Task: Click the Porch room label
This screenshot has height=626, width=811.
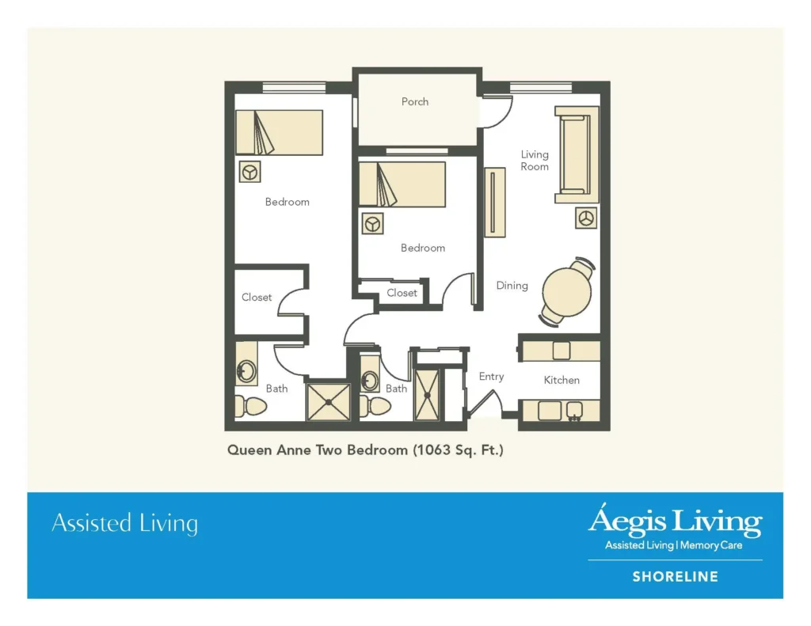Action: point(415,102)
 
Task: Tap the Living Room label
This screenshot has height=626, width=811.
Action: point(535,161)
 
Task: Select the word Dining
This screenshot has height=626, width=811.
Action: point(512,286)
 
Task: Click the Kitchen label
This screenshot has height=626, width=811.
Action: point(562,381)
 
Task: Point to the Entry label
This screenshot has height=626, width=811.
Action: point(491,377)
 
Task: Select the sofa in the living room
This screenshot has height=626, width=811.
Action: point(576,154)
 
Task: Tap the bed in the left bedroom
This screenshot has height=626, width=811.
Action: point(279,132)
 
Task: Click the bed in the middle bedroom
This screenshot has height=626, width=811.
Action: point(402,184)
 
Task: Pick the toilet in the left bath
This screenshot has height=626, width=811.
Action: point(253,405)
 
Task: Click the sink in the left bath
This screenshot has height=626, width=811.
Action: point(246,370)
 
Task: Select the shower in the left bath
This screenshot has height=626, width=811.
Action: point(328,401)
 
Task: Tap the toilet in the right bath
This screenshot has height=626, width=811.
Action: point(376,406)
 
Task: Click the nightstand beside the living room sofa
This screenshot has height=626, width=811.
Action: point(587,218)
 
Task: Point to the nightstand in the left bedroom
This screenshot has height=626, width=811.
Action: point(250,172)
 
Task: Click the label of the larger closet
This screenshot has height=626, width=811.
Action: point(257,298)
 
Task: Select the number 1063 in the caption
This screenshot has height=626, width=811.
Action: point(432,450)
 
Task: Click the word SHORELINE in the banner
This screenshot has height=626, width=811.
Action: point(675,577)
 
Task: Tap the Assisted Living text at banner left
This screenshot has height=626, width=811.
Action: point(124,524)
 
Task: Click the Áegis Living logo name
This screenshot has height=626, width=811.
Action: point(674,522)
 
